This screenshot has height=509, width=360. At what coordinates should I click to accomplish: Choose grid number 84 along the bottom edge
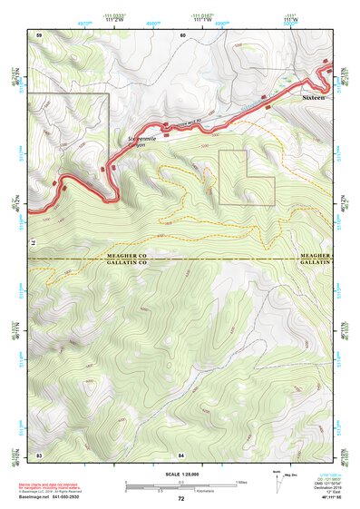[182, 453]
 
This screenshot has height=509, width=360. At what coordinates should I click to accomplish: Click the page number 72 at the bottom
[180, 499]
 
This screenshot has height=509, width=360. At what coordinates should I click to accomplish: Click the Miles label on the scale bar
[240, 482]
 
